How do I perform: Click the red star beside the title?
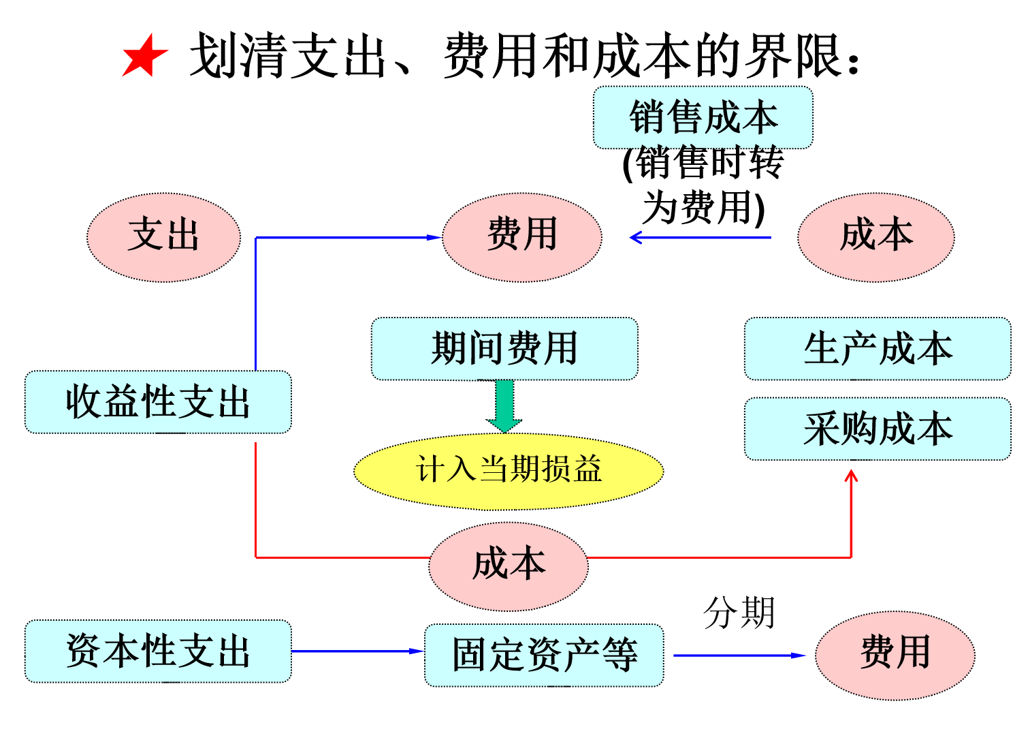144,56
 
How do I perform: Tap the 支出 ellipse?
163,236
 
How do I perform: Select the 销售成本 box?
703,117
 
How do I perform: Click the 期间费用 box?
504,348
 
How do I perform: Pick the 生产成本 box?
877,348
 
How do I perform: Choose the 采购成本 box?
877,429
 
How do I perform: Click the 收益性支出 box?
158,402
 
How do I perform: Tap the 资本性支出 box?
158,651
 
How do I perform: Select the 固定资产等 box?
544,655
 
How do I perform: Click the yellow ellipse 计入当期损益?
508,471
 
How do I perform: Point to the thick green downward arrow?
504,406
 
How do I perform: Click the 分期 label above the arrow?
739,612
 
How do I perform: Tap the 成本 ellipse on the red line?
508,566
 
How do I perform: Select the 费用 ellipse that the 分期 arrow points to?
895,655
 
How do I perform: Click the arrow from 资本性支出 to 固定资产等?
357,651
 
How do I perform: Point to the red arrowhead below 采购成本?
851,475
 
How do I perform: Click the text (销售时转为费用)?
704,185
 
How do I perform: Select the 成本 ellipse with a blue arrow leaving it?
875,236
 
